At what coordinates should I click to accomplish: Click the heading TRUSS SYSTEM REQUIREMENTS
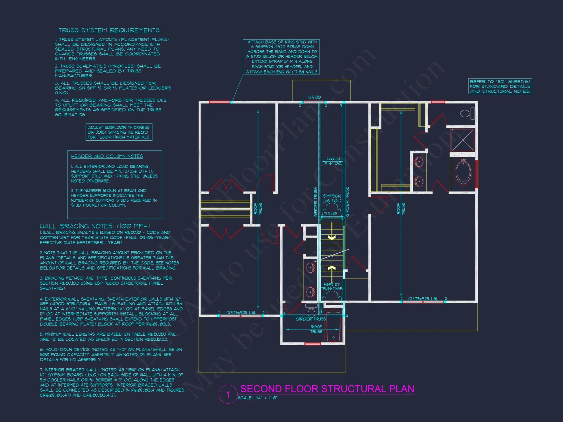coord(109,30)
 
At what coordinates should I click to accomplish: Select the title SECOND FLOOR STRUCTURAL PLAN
coord(327,389)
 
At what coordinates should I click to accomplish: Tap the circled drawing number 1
coord(228,394)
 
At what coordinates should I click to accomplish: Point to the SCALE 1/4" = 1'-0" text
coord(258,398)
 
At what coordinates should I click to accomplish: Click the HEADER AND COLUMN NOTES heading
coord(107,156)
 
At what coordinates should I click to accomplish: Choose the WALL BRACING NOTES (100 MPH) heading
coord(95,226)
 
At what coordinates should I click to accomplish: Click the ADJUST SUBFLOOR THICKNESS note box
coord(119,132)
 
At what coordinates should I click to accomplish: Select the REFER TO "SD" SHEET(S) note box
coord(500,86)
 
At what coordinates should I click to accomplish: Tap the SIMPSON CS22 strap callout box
coord(281,57)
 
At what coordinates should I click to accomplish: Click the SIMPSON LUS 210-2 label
coord(332,198)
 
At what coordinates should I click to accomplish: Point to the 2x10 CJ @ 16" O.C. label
coord(333,161)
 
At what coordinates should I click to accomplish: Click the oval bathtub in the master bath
coord(463,172)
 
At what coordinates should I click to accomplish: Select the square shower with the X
coord(463,140)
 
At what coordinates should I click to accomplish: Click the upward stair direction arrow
coord(332,268)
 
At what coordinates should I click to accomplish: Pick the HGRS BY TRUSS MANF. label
coord(332,286)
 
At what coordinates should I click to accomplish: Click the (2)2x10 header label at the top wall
coord(314,97)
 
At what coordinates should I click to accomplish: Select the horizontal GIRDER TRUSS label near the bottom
coord(310,319)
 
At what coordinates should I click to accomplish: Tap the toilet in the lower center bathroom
coord(311,311)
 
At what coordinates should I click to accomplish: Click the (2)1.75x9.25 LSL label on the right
coord(423,298)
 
